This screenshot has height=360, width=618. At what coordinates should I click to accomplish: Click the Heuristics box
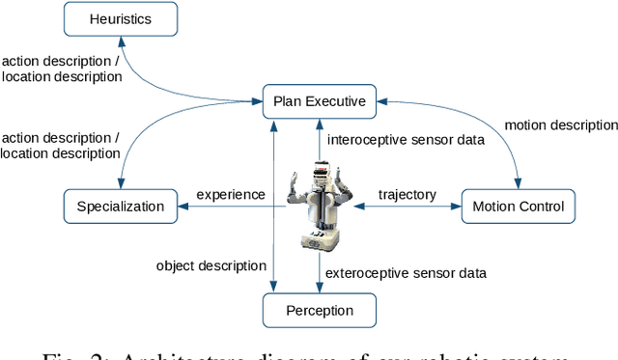pyautogui.click(x=120, y=17)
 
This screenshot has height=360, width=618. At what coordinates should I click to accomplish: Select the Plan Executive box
pyautogui.click(x=319, y=100)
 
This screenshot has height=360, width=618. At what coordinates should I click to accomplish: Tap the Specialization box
pyautogui.click(x=120, y=206)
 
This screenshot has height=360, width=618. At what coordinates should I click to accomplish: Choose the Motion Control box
pyautogui.click(x=519, y=206)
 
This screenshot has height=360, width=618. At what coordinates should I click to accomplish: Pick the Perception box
pyautogui.click(x=319, y=311)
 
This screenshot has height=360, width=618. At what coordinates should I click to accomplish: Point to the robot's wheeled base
pyautogui.click(x=319, y=240)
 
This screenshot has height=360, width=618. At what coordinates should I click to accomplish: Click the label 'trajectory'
pyautogui.click(x=407, y=195)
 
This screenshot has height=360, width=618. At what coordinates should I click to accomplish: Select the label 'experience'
pyautogui.click(x=231, y=194)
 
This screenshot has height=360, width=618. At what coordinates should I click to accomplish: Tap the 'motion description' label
pyautogui.click(x=562, y=125)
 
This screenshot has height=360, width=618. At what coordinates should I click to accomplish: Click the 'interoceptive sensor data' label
pyautogui.click(x=406, y=140)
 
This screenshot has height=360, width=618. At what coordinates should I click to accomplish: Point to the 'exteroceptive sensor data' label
pyautogui.click(x=407, y=273)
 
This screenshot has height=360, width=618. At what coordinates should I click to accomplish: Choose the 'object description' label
pyautogui.click(x=211, y=265)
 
